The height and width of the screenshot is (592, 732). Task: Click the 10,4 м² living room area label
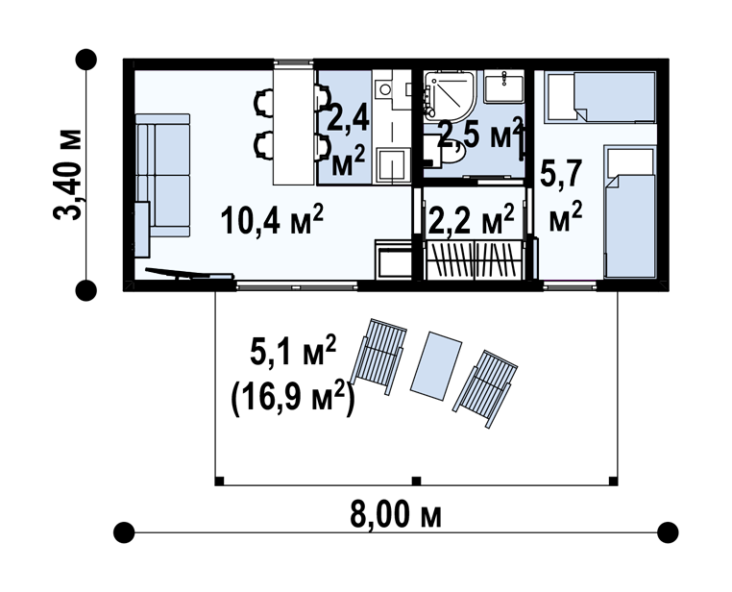pos(272,219)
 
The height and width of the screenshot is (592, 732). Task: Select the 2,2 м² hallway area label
pos(471,219)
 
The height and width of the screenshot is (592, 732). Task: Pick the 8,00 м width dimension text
pos(396,514)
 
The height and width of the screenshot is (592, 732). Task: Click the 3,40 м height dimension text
pos(68,174)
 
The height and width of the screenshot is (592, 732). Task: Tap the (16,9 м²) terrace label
pos(292,398)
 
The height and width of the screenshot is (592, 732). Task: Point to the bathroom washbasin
pos(503,86)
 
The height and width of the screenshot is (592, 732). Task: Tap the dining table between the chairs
pos(293,127)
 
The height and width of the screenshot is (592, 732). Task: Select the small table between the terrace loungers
pos(436,365)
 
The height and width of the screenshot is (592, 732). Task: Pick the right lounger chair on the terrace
pos(484,388)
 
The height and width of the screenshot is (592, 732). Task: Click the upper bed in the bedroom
pos(600,97)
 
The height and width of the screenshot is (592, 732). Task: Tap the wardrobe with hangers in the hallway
pos(474,259)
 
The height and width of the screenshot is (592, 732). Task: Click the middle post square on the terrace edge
pos(416,481)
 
